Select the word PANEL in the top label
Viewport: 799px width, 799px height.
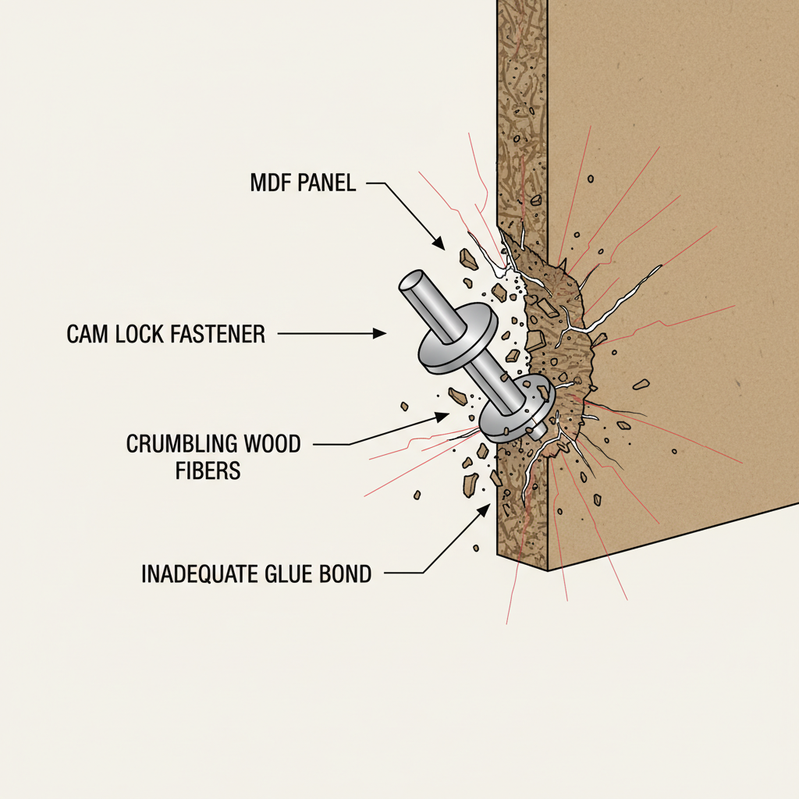[328, 184]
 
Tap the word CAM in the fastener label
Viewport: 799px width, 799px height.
[87, 335]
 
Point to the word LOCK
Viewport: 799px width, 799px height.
[140, 335]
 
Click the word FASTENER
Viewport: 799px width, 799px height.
[219, 335]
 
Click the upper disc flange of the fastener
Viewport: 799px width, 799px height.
[456, 341]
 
